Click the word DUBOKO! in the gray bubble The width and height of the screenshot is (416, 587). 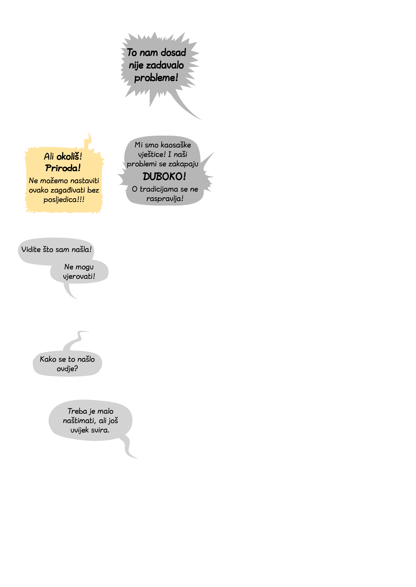click(164, 176)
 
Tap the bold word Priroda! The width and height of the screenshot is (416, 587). click(63, 168)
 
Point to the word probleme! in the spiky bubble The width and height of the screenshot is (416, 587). click(156, 78)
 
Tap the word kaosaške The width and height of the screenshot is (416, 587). click(176, 145)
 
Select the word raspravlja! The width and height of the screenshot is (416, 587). click(165, 199)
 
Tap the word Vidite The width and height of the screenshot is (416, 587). click(31, 250)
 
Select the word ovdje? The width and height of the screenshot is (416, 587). click(67, 369)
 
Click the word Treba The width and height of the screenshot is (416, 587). click(78, 411)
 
